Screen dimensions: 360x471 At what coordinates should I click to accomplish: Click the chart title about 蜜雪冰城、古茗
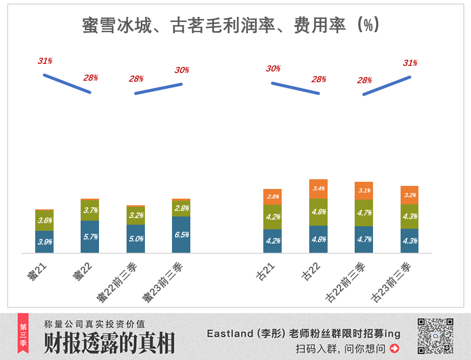click(x=231, y=26)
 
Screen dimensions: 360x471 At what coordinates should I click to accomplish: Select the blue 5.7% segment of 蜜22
click(x=90, y=236)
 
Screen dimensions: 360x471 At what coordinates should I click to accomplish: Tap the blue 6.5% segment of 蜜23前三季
click(x=181, y=234)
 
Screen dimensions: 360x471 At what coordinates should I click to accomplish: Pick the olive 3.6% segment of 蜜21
click(x=44, y=221)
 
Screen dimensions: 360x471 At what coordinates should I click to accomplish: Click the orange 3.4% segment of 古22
click(x=318, y=189)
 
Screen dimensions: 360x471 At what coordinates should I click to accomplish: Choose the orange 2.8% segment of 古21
click(x=272, y=197)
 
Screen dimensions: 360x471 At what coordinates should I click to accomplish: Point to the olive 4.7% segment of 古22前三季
click(x=364, y=213)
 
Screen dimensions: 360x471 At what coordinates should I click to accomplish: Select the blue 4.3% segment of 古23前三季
click(x=409, y=241)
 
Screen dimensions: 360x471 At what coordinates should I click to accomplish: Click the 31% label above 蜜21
click(x=45, y=61)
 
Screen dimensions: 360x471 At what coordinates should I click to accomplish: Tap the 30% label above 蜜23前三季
click(x=182, y=70)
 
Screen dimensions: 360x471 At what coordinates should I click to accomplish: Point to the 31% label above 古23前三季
click(x=410, y=63)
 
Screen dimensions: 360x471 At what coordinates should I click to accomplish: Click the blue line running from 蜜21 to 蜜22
click(x=67, y=84)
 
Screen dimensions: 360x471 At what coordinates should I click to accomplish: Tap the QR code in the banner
click(x=435, y=335)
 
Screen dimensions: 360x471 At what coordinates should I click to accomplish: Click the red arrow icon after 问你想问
click(x=394, y=349)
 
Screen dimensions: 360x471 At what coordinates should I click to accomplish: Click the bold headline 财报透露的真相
click(x=109, y=343)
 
